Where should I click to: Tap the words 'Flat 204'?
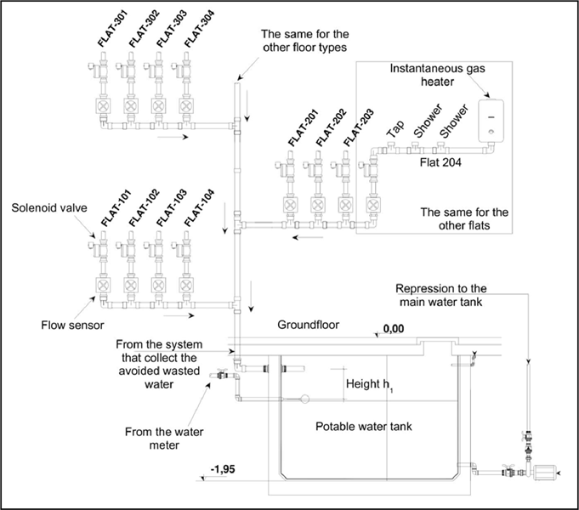click(440, 159)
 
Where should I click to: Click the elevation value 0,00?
click(394, 326)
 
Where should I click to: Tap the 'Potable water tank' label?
click(363, 426)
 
